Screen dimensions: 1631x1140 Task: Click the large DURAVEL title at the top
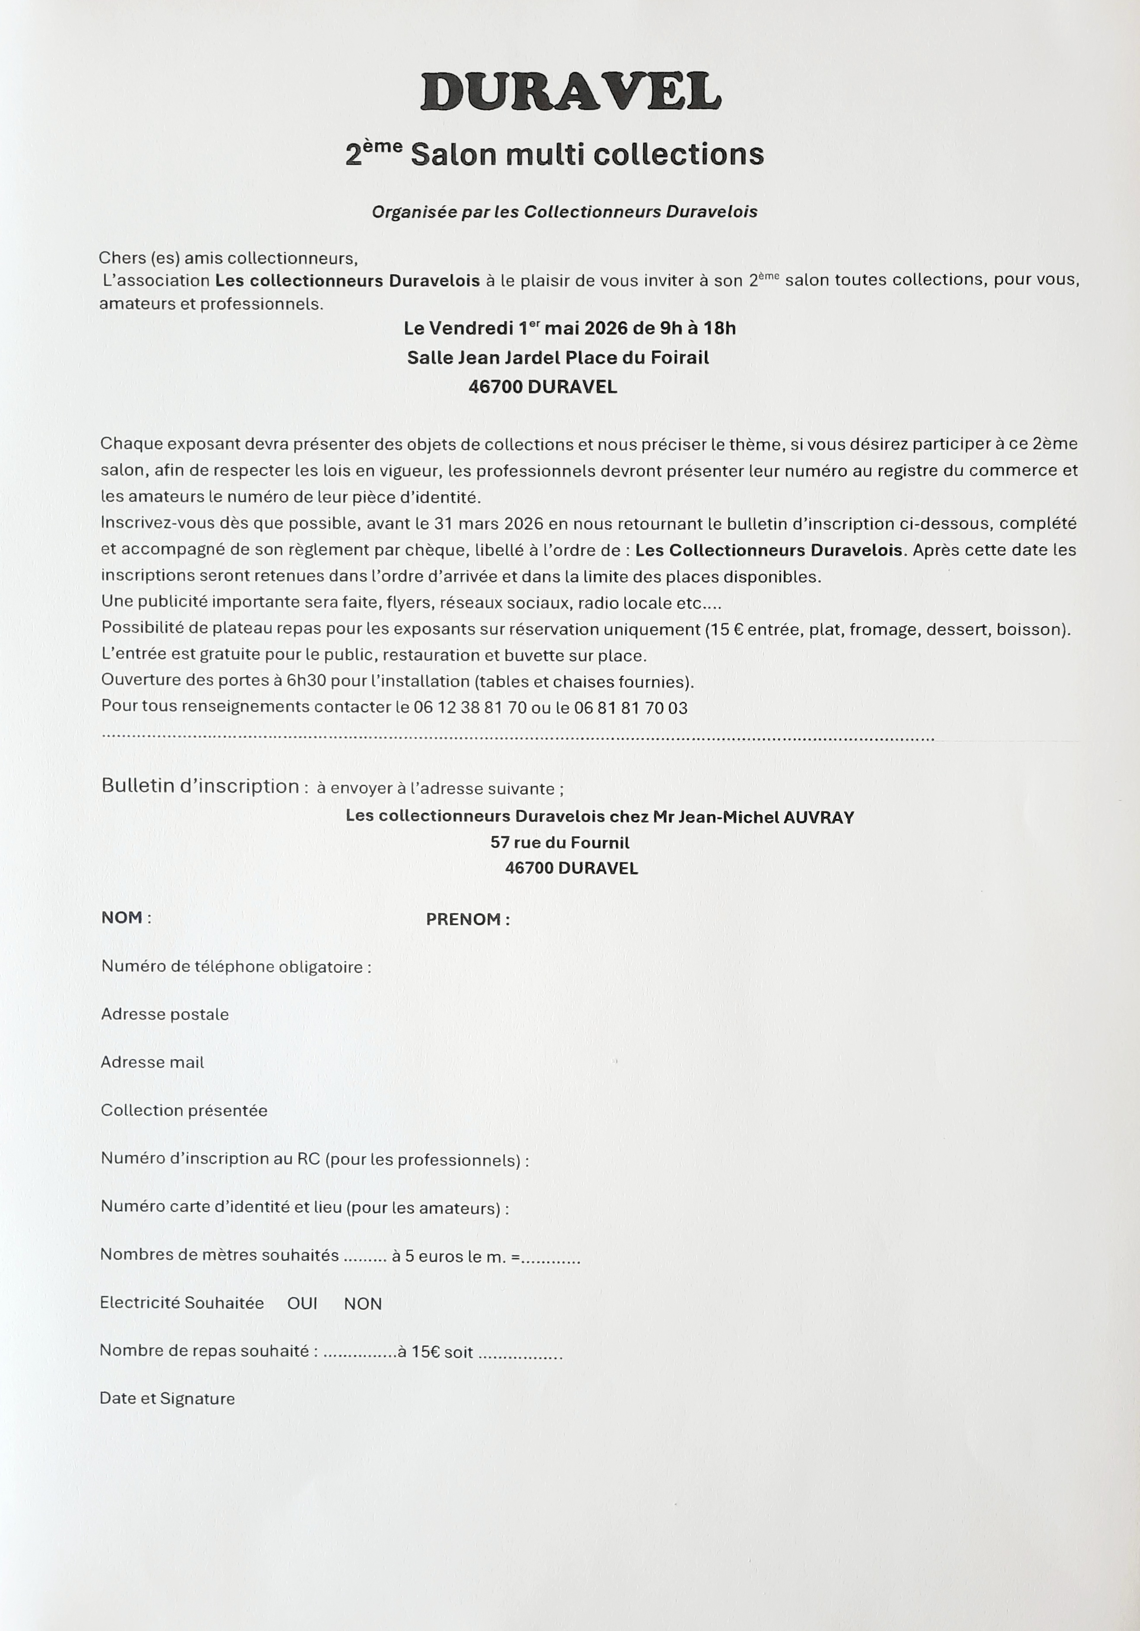click(x=570, y=92)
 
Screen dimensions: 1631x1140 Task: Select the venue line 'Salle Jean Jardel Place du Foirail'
click(x=557, y=357)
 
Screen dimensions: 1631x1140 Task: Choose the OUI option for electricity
click(x=302, y=1304)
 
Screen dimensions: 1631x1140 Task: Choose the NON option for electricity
click(x=363, y=1304)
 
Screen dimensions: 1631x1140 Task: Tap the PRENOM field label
click(x=467, y=919)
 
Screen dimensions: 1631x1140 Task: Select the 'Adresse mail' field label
click(x=152, y=1062)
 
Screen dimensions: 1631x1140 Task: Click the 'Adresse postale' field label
click(x=165, y=1014)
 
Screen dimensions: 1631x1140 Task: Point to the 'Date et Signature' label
click(x=167, y=1399)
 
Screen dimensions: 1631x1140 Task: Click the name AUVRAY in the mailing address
click(x=818, y=817)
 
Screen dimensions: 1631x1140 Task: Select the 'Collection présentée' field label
click(x=184, y=1111)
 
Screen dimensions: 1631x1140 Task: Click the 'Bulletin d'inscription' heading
click(x=201, y=786)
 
